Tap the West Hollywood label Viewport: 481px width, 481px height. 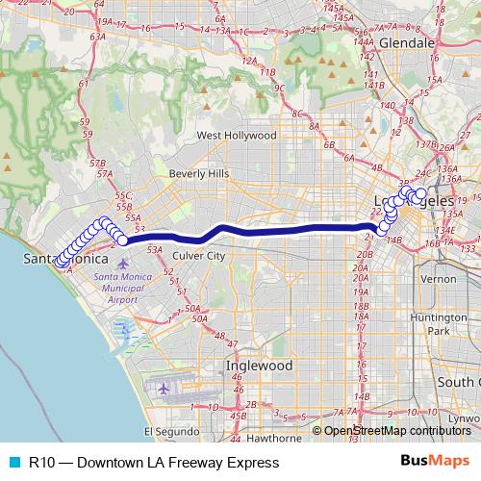pyautogui.click(x=237, y=137)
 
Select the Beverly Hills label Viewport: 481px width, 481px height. pyautogui.click(x=199, y=173)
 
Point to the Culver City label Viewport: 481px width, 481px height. pyautogui.click(x=199, y=256)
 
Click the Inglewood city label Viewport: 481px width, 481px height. pyautogui.click(x=259, y=366)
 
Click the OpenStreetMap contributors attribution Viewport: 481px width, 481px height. pyautogui.click(x=396, y=431)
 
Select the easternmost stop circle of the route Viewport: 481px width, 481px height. pyautogui.click(x=420, y=194)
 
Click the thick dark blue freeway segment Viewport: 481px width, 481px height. pyautogui.click(x=279, y=230)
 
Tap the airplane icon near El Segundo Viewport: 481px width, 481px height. pyautogui.click(x=163, y=389)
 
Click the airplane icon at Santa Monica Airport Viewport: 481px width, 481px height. pyautogui.click(x=122, y=263)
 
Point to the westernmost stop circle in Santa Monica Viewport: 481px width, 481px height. pyautogui.click(x=60, y=262)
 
